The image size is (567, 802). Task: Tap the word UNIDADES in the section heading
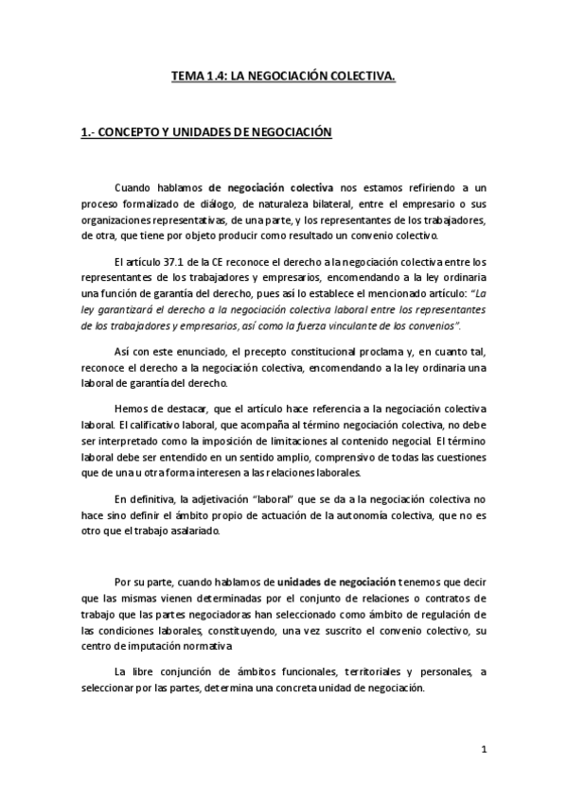(x=206, y=132)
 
